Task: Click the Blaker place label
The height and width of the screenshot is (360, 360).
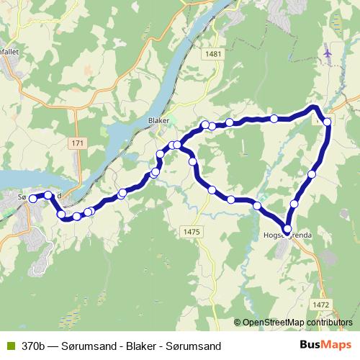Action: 158,120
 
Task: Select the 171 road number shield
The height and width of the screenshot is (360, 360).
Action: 78,144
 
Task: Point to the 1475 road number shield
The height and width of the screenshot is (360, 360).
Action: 192,230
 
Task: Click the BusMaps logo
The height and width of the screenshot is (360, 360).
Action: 325,345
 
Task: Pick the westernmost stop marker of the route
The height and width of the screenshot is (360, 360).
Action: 32,199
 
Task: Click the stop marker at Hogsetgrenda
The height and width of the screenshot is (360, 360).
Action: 287,229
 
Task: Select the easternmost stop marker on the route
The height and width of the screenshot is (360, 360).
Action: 328,122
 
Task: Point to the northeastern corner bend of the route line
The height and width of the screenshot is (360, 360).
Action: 314,108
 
